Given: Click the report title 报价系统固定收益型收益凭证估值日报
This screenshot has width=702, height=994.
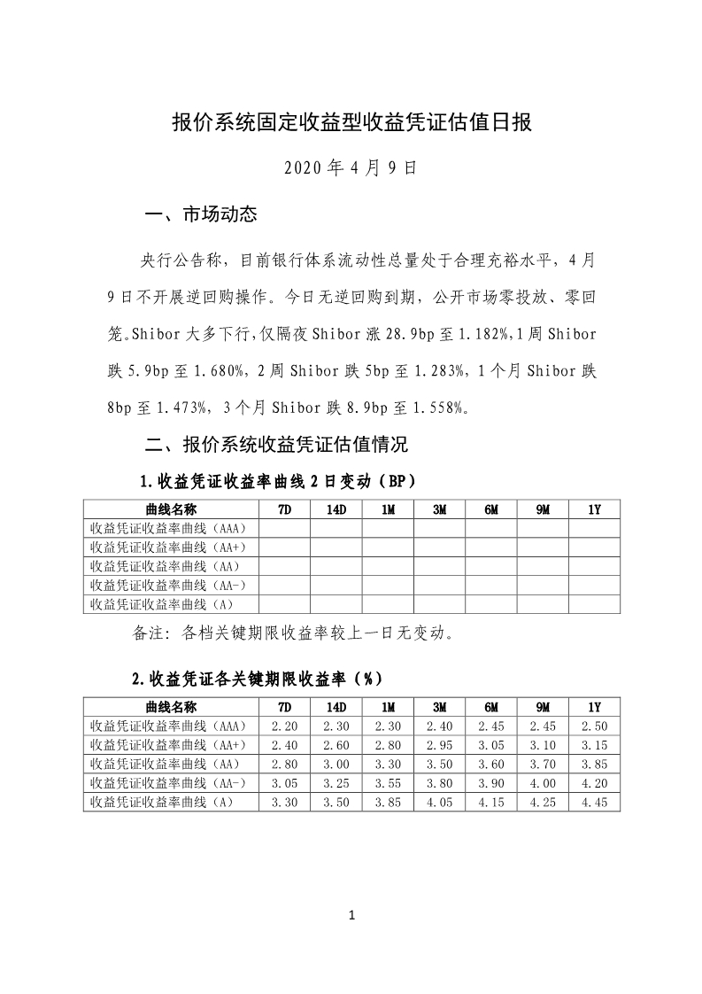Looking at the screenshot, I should [x=351, y=122].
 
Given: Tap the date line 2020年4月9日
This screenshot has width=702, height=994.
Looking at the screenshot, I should [x=351, y=167].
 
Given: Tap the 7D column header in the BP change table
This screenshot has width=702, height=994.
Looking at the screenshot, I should [x=284, y=509].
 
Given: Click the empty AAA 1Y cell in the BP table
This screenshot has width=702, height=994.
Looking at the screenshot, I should [x=594, y=528].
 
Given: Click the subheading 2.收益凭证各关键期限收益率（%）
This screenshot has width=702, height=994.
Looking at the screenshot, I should [x=257, y=679].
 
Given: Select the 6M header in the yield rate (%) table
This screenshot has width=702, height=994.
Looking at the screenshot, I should [x=491, y=707].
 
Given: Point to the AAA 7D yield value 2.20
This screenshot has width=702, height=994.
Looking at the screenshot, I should [x=284, y=726].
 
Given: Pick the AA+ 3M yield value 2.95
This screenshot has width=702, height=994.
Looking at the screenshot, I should [x=439, y=744].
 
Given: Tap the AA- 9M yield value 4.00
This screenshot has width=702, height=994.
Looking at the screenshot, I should [x=543, y=782].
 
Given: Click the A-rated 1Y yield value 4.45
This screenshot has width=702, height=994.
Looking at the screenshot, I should [x=594, y=802].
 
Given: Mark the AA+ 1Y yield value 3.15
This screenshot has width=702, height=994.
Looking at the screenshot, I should [x=594, y=744].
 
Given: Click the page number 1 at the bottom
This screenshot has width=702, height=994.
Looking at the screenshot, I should [x=351, y=915].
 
